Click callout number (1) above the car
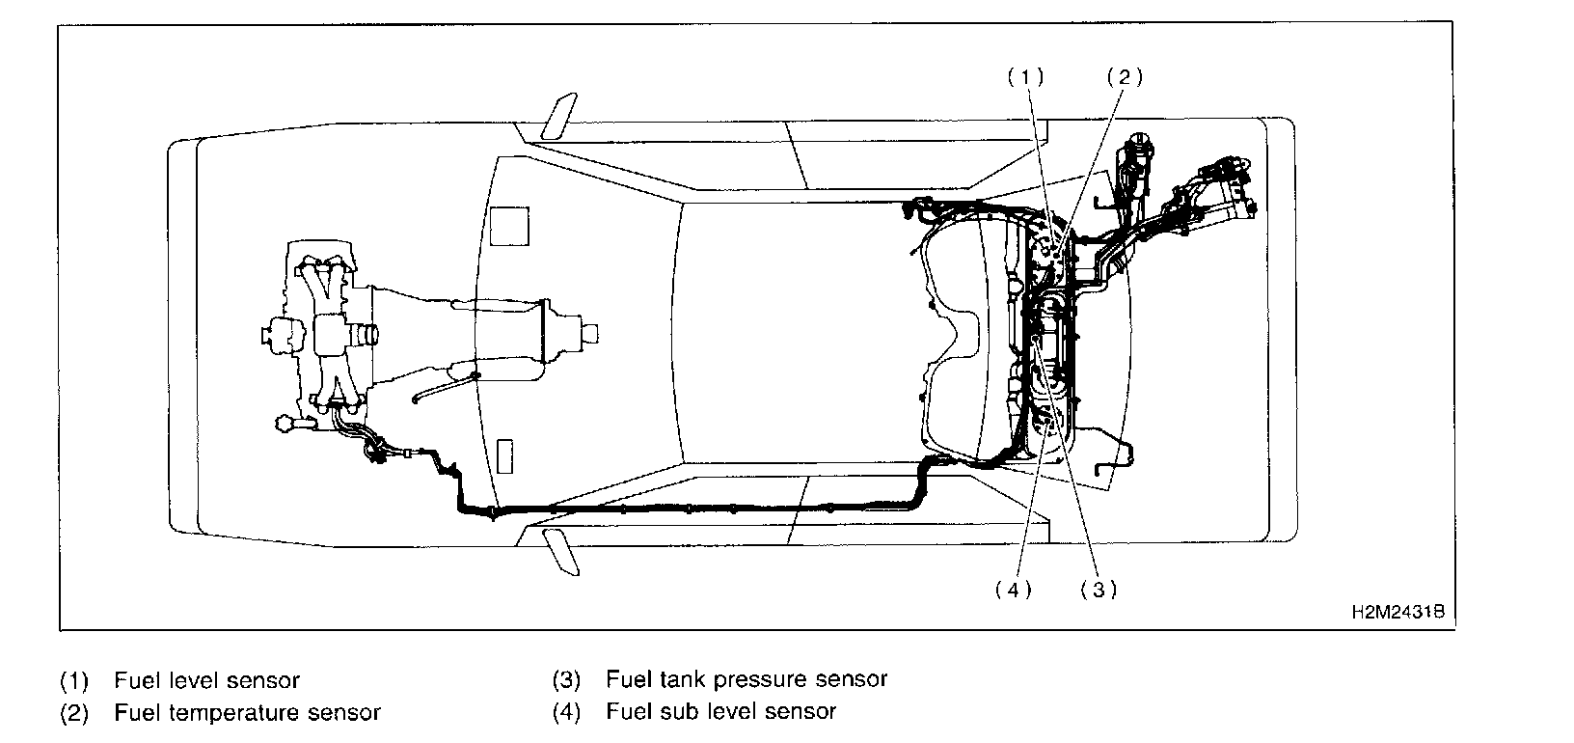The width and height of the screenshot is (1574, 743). (1025, 78)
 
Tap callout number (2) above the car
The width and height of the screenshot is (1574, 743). (1124, 78)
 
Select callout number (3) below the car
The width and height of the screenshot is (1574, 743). (1099, 590)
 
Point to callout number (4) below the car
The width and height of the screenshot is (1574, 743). (1013, 590)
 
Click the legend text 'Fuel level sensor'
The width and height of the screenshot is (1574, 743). (206, 680)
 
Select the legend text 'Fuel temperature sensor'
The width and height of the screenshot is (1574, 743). (247, 713)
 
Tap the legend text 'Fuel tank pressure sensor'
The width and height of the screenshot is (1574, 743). (746, 679)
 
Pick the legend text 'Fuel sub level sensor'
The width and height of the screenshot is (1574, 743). (720, 712)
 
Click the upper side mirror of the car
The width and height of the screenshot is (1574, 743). (559, 116)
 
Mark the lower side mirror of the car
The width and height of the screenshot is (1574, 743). (559, 551)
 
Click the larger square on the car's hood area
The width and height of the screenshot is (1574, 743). (509, 226)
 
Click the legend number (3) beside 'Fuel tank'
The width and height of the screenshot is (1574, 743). (566, 679)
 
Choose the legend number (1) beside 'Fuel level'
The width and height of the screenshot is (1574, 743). (74, 680)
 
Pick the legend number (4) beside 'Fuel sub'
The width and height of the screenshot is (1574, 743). (566, 712)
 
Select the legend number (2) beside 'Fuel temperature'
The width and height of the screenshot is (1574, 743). (74, 713)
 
